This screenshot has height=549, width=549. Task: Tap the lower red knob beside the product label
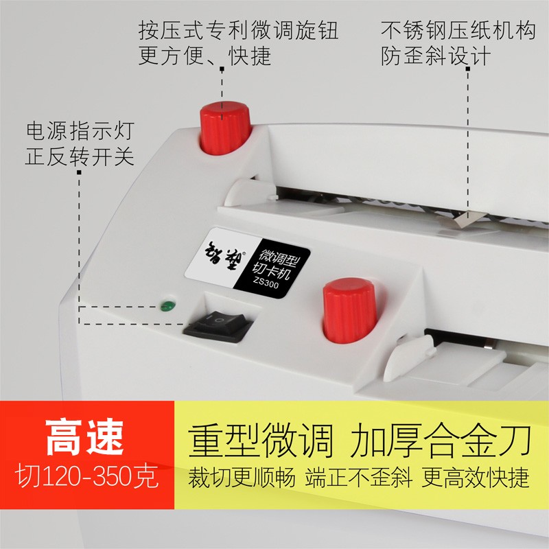coord(349,311)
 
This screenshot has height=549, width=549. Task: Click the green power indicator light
coord(165,304)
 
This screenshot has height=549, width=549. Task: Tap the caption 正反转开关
coord(80,156)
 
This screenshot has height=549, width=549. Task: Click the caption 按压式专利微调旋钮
coord(238,30)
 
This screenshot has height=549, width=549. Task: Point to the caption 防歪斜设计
coord(436,56)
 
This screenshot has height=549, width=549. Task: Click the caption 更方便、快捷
coord(205,56)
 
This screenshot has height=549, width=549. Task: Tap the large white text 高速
coord(86,436)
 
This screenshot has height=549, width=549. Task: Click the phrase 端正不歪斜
coord(357,477)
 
